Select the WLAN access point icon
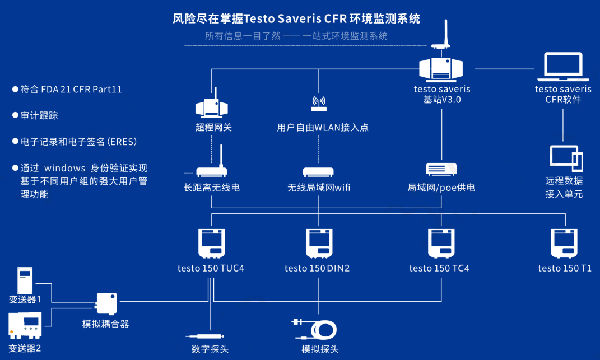319,104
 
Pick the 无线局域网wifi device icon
318,172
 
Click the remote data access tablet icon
566,158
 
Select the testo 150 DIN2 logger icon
318,243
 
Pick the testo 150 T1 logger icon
564,243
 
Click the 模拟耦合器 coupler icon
106,303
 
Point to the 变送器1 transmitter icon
25,280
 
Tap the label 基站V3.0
442,100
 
